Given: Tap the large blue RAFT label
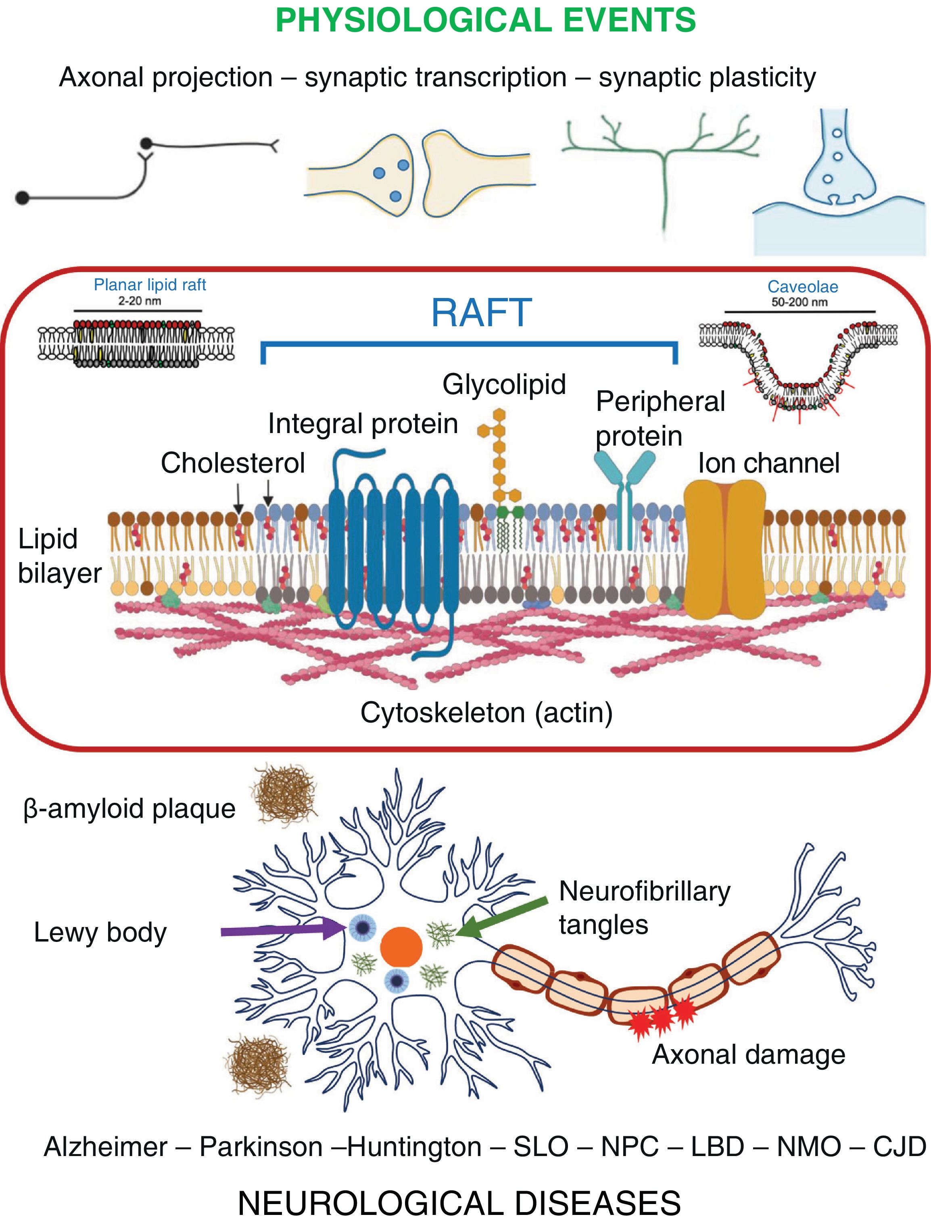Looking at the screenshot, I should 481,313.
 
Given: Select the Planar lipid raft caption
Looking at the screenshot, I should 150,285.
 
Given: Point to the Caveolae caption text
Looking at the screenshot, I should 802,287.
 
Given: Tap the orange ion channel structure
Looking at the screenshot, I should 725,548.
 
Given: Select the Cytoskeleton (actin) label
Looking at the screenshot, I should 486,713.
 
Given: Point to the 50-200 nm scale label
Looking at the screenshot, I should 799,302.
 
